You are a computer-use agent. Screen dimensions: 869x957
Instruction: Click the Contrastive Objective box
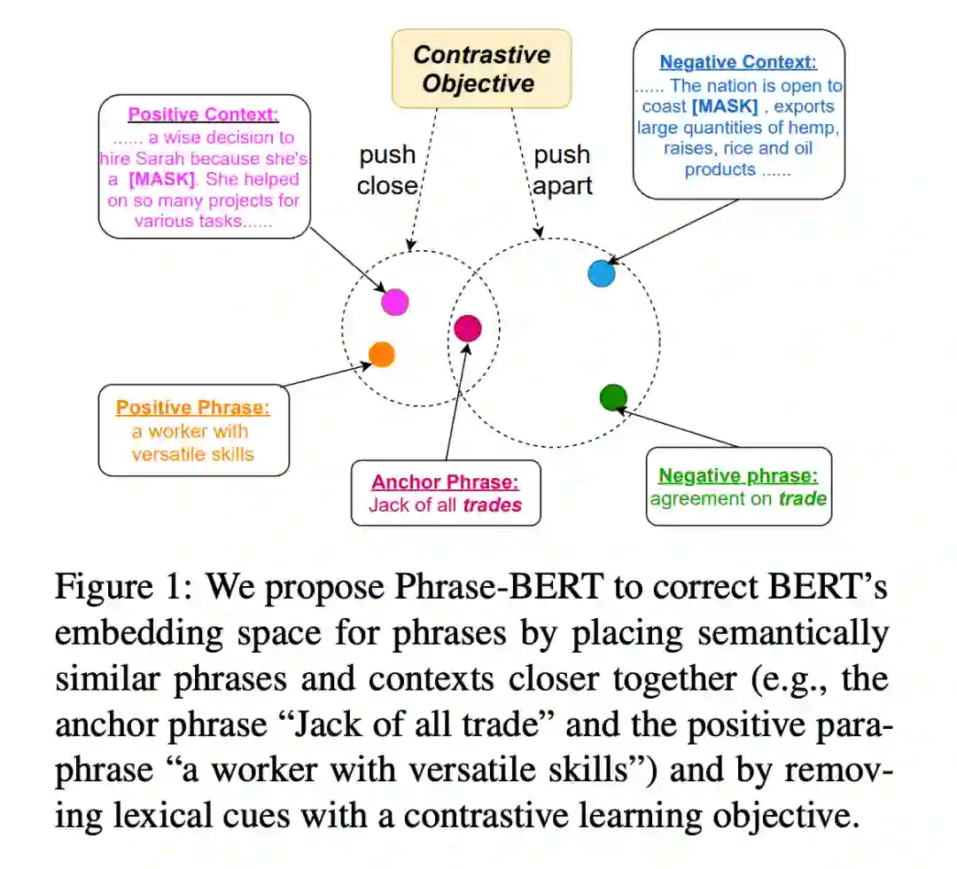point(482,69)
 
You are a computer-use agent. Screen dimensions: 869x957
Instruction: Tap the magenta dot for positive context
point(394,301)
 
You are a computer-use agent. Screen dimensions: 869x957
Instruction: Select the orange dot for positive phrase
point(381,355)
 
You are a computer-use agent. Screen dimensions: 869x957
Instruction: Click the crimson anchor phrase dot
point(467,328)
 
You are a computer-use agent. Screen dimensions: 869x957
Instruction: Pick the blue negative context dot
point(602,273)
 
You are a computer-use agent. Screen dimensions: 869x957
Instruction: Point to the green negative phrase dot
point(613,397)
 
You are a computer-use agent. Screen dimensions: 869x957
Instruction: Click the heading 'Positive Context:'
point(204,114)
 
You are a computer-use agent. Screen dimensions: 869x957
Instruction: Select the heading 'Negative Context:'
point(737,63)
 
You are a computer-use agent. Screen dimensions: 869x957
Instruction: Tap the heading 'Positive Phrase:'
point(193,408)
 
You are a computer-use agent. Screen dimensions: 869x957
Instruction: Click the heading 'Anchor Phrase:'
point(445,482)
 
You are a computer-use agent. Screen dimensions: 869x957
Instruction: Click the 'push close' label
point(387,169)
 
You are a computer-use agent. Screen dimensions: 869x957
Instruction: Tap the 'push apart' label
point(562,171)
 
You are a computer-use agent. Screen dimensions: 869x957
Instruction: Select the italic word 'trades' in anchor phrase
point(493,505)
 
